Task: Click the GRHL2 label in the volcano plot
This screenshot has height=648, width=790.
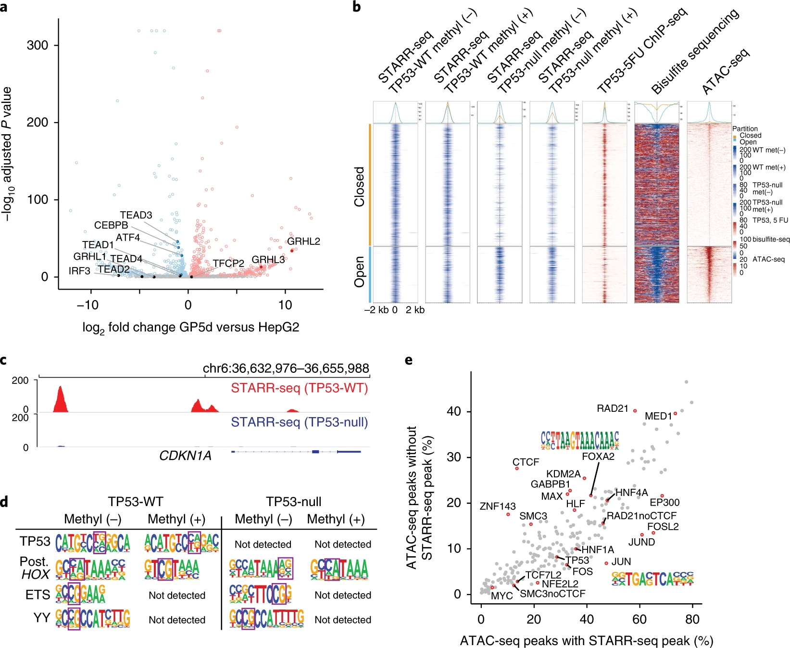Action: coord(303,241)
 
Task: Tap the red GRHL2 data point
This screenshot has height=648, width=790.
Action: coord(292,250)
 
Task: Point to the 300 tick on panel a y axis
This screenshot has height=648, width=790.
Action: coord(38,45)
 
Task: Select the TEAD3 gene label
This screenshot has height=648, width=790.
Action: coord(136,215)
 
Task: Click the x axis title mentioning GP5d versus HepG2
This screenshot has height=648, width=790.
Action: coord(191,328)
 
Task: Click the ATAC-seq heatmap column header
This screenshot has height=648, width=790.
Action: coord(725,71)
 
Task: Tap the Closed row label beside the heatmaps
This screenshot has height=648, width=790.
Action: coord(359,187)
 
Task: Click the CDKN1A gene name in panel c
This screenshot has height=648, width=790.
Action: coord(185,456)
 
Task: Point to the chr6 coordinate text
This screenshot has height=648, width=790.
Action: coord(286,368)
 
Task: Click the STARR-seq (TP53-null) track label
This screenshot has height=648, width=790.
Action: coord(299,422)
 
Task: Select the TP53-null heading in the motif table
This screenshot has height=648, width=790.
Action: coord(293,502)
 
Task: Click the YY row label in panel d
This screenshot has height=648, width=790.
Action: coord(41,618)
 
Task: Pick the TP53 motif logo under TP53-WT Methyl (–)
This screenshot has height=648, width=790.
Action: coord(93,542)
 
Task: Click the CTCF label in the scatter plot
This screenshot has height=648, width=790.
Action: coord(526,462)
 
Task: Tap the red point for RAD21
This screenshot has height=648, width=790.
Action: coord(635,411)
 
